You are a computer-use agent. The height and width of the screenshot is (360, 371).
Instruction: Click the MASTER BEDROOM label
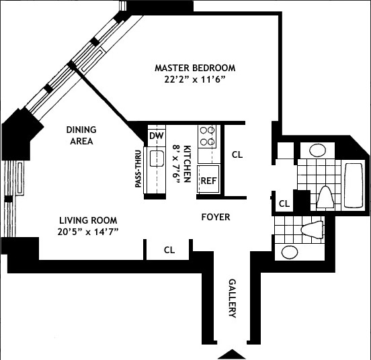pyautogui.click(x=195, y=68)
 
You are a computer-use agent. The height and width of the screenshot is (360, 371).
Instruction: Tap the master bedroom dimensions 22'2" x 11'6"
pyautogui.click(x=194, y=79)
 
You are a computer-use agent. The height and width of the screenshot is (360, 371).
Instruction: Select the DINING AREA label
pyautogui.click(x=81, y=136)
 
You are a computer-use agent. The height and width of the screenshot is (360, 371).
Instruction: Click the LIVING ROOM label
pyautogui.click(x=88, y=220)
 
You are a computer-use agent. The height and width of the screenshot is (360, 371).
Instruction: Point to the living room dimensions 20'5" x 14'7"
pyautogui.click(x=88, y=232)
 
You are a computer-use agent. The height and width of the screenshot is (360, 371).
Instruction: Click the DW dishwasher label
pyautogui.click(x=157, y=136)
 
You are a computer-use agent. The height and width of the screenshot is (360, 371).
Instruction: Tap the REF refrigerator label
pyautogui.click(x=208, y=181)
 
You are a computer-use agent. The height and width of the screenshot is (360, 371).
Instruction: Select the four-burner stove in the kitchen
pyautogui.click(x=207, y=136)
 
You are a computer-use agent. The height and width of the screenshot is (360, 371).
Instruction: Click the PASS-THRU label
pyautogui.click(x=138, y=169)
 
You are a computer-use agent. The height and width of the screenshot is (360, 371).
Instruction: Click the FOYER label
pyautogui.click(x=216, y=217)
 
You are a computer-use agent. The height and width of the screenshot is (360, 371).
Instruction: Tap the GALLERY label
pyautogui.click(x=233, y=298)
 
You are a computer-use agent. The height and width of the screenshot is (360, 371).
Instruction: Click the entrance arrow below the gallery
pyautogui.click(x=232, y=354)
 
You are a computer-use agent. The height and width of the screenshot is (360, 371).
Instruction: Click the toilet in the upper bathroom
pyautogui.click(x=325, y=197)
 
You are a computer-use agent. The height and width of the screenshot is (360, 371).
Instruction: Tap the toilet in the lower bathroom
pyautogui.click(x=313, y=230)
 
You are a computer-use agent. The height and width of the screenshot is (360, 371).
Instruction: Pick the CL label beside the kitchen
pyautogui.click(x=237, y=154)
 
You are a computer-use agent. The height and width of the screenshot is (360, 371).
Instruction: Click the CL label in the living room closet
pyautogui.click(x=169, y=250)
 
